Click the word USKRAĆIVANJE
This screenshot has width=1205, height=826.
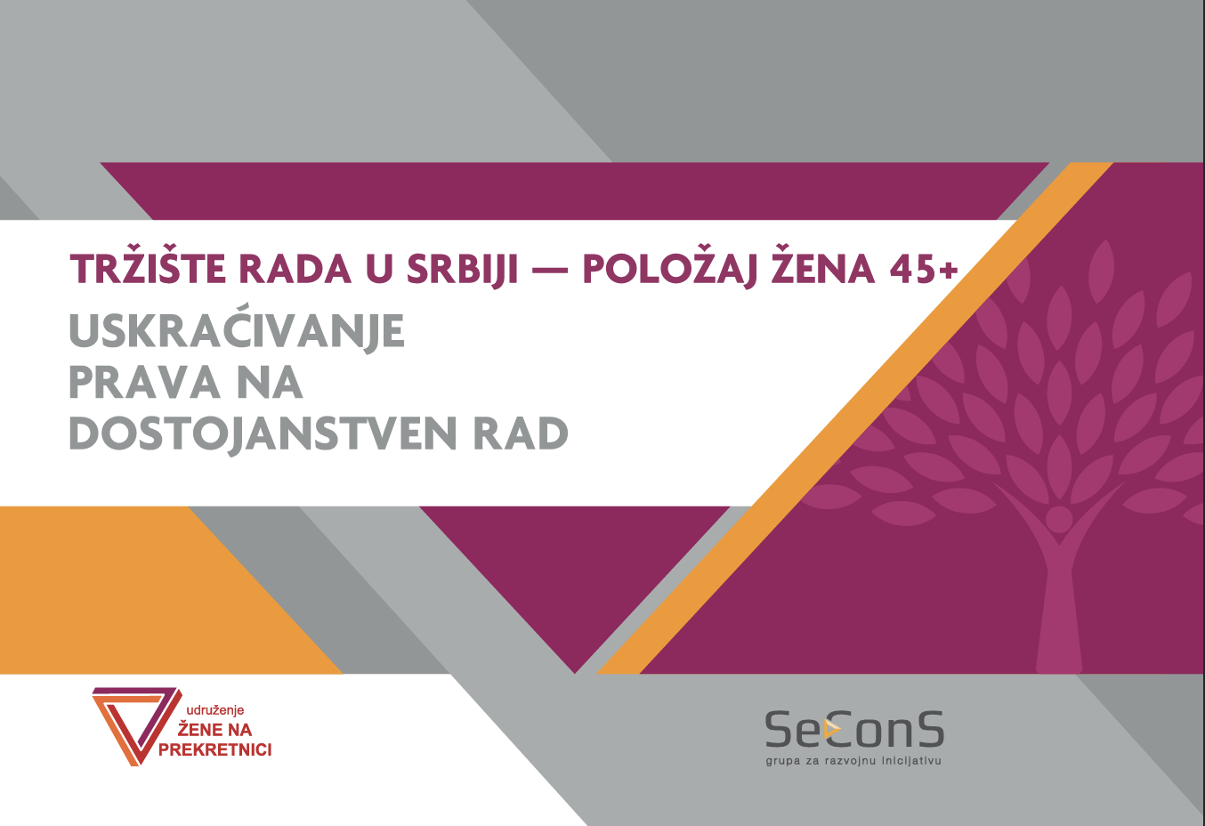click(x=237, y=330)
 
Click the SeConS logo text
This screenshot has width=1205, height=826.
click(x=854, y=730)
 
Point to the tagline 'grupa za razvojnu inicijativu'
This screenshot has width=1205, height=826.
click(x=853, y=761)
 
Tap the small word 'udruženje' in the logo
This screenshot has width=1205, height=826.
click(x=214, y=710)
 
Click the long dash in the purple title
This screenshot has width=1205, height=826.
click(x=550, y=270)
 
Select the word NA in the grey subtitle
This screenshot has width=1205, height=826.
click(x=271, y=383)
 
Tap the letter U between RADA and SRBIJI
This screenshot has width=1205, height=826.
click(x=380, y=269)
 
